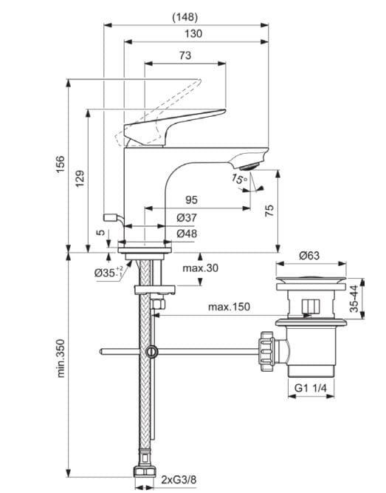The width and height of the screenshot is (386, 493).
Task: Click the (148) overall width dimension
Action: [x=185, y=16]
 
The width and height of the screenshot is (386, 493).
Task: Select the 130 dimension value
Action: [x=194, y=33]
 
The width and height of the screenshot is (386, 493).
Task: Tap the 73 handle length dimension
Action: [x=185, y=56]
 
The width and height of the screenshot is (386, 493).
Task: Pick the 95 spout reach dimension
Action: [x=190, y=200]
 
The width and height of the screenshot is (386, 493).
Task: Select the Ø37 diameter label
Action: [x=186, y=217]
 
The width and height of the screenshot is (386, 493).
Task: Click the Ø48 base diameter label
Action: [x=186, y=234]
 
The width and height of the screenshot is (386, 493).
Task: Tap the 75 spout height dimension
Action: [x=269, y=211]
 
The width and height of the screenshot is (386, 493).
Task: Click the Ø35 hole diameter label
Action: [x=106, y=273]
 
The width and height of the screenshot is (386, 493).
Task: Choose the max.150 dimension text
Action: [x=228, y=306]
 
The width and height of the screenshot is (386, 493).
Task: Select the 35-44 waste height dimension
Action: [x=354, y=299]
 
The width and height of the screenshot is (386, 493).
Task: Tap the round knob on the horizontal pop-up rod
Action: [x=152, y=352]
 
